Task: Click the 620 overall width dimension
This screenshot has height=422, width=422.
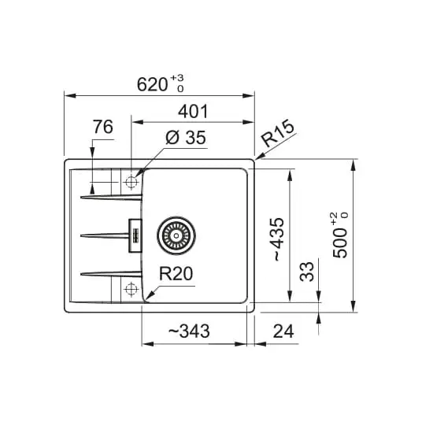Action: click(152, 84)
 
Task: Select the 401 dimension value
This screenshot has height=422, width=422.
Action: click(193, 112)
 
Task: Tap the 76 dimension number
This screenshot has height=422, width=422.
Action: click(103, 127)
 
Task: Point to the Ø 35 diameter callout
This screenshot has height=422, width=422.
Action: click(186, 138)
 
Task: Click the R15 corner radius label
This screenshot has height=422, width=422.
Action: click(278, 133)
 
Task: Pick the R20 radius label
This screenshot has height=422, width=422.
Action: click(176, 274)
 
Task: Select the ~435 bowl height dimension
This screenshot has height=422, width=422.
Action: click(278, 239)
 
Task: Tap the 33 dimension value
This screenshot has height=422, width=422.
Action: click(307, 272)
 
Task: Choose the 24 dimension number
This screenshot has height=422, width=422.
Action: click(283, 331)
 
